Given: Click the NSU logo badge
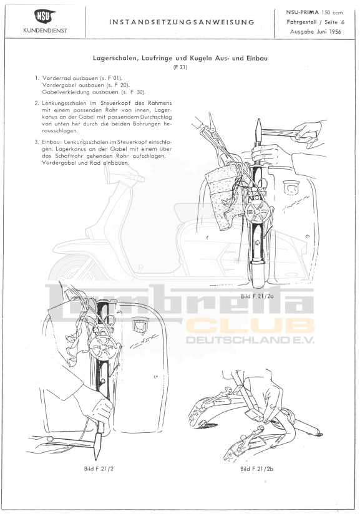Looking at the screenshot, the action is (x=45, y=17).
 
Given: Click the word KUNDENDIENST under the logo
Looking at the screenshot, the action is (x=46, y=31).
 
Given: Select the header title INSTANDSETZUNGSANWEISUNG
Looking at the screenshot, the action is (x=182, y=22).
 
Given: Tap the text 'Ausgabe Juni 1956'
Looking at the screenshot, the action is (x=316, y=32).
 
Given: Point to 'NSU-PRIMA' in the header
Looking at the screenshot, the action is (x=303, y=12).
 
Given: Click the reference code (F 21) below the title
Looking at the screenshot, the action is (x=180, y=67).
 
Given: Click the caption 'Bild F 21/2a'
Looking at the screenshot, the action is (x=257, y=296).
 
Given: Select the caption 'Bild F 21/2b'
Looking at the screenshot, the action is (x=256, y=468).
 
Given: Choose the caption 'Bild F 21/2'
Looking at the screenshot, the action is (x=99, y=468).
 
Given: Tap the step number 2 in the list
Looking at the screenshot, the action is (x=37, y=103).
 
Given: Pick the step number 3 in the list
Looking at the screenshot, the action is (x=37, y=142).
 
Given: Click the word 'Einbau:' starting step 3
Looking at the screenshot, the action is (x=52, y=142).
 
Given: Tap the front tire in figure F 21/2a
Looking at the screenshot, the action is (x=258, y=274).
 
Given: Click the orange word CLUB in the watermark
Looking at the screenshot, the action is (x=250, y=326).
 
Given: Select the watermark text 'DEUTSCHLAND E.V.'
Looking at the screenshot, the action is (x=250, y=340).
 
